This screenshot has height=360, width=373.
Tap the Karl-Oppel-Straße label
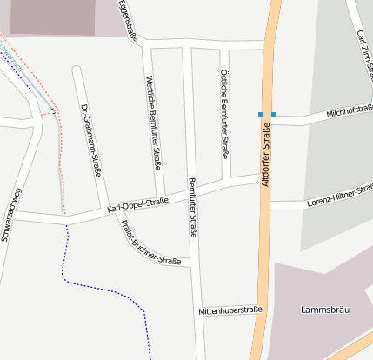click(x=137, y=206)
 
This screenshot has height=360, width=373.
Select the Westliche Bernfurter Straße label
click(x=153, y=122)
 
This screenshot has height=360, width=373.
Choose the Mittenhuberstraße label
click(x=230, y=310)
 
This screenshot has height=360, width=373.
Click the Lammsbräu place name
click(x=323, y=310)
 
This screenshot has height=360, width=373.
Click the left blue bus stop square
click(x=260, y=115)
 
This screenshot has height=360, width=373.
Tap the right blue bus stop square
click(x=274, y=115)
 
